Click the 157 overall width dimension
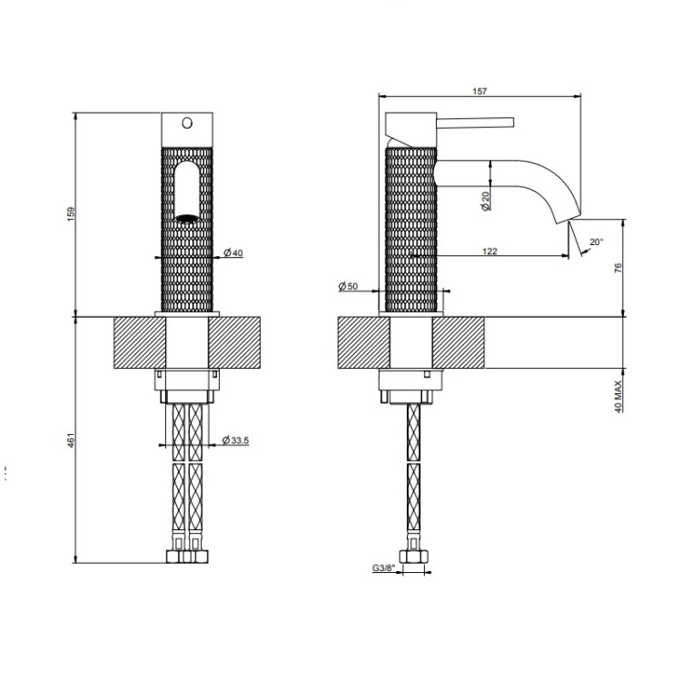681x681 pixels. [x=479, y=91]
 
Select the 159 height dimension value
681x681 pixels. [x=71, y=214]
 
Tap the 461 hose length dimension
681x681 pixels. [x=71, y=439]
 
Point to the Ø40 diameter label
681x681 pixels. [x=233, y=252]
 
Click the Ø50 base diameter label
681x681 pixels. [x=348, y=286]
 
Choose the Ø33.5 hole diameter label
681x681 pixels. [x=235, y=440]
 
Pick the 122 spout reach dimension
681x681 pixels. [x=489, y=251]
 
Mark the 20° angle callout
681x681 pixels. [x=597, y=242]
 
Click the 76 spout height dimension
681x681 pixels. [x=618, y=268]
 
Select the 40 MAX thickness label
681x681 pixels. [x=618, y=397]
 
